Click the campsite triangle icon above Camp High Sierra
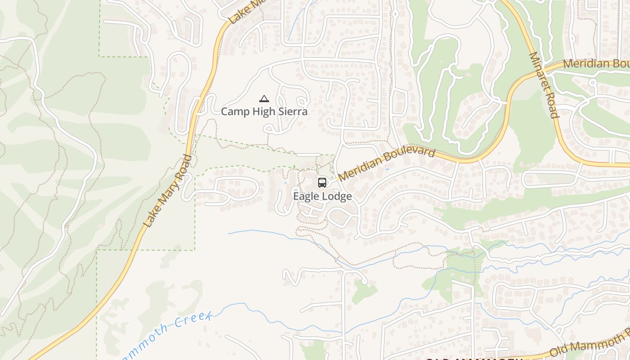pyautogui.click(x=264, y=99)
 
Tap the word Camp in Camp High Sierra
pyautogui.click(x=234, y=112)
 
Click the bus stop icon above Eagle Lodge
pyautogui.click(x=322, y=182)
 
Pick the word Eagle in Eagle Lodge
pyautogui.click(x=306, y=197)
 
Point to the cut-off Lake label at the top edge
pyautogui.click(x=238, y=13)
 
